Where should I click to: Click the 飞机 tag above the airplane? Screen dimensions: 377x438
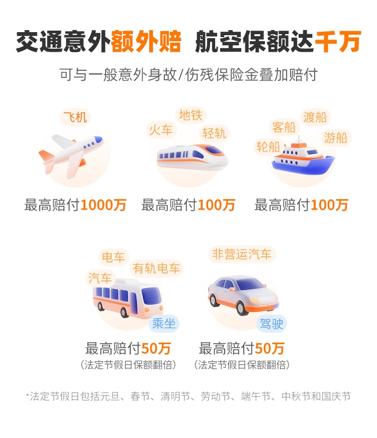point(75,117)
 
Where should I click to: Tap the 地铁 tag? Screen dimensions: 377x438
point(191,115)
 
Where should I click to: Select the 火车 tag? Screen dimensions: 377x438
point(161,130)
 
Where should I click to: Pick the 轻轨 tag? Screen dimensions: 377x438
point(215,133)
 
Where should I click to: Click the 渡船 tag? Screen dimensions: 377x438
point(316,117)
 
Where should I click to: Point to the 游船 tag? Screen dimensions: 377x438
point(336,138)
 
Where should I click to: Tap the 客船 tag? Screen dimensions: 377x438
point(285,127)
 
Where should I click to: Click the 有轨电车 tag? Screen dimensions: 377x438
point(156,268)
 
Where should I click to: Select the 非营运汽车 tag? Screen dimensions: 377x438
point(242,254)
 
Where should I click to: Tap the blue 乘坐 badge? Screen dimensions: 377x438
point(164,324)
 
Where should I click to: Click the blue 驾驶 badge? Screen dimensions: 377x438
point(271,324)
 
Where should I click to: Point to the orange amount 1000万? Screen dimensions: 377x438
point(104,205)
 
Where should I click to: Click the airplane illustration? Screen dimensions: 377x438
point(71,156)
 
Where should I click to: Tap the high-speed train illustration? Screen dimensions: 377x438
point(193,157)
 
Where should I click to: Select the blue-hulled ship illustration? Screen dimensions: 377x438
point(304,158)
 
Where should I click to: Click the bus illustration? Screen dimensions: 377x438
point(128,299)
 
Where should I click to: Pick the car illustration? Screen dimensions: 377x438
point(243,295)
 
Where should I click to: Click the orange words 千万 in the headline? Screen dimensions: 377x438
point(338,42)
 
